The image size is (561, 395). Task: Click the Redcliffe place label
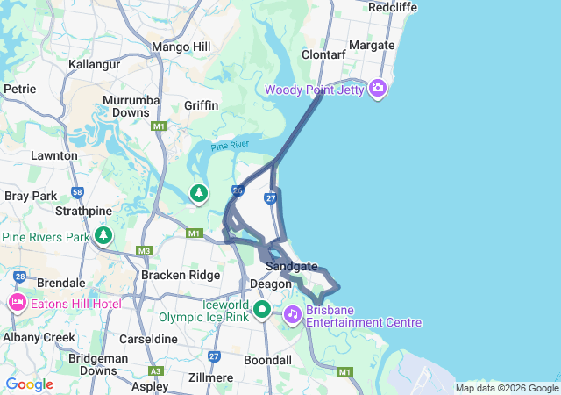tap(393, 7)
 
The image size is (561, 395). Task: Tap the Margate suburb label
tap(372, 45)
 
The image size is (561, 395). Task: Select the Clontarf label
tap(324, 54)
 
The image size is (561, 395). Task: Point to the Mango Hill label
tap(181, 47)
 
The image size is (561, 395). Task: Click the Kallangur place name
tap(93, 65)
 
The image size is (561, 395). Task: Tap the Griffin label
tap(201, 105)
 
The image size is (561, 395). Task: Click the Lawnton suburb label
tap(54, 155)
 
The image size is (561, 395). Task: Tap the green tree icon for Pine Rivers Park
tap(104, 235)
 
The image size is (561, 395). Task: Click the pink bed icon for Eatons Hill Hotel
tap(18, 303)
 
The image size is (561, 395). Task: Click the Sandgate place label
tap(292, 266)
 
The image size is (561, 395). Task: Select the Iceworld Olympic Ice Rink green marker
tap(261, 310)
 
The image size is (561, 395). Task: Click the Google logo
tap(29, 384)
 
